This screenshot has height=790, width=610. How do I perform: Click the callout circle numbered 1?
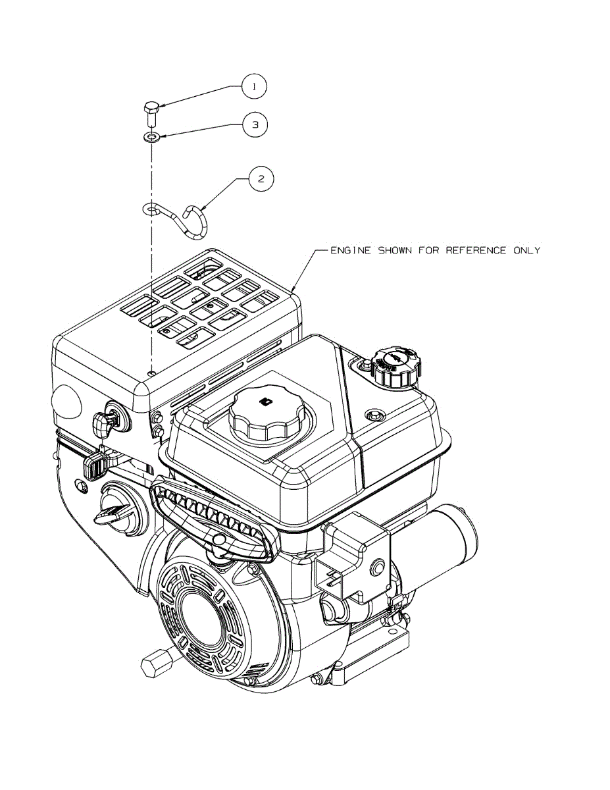coord(255,87)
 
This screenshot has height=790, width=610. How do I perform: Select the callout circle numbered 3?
coord(255,124)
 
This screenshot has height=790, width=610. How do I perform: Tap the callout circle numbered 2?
coord(262,178)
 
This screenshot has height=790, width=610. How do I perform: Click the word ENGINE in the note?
coord(350,251)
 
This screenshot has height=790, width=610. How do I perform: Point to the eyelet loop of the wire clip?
coord(151,209)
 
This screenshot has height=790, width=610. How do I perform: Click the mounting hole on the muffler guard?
coord(152,374)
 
